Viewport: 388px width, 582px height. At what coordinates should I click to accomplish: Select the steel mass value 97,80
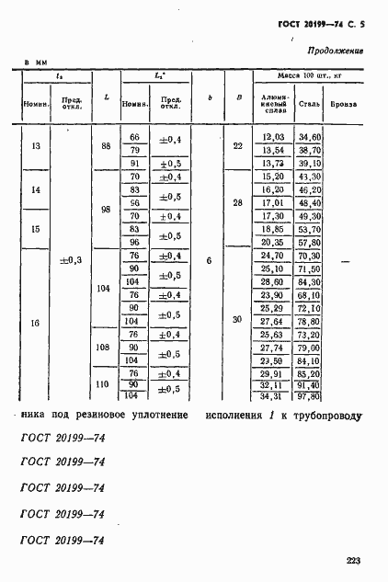tap(310, 395)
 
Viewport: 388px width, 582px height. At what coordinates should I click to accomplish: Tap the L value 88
tap(108, 148)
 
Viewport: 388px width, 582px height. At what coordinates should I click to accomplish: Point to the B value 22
tap(237, 147)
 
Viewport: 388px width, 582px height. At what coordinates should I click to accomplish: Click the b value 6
tap(209, 261)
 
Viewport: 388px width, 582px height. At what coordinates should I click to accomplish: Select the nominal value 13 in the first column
tap(36, 148)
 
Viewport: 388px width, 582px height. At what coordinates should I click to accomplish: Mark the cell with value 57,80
tap(310, 241)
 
